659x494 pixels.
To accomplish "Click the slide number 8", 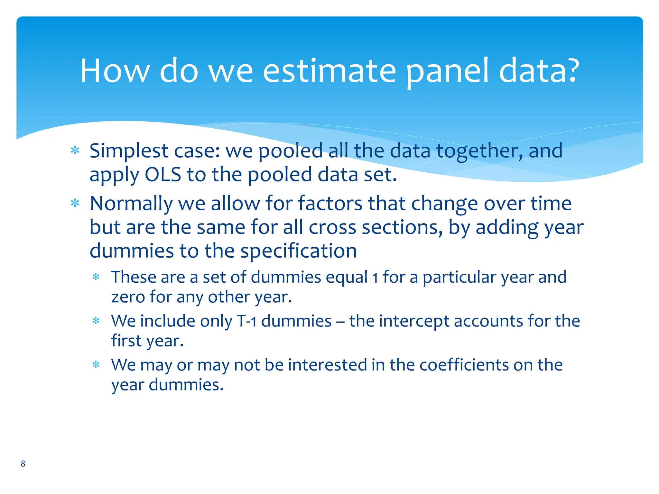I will coord(23,463).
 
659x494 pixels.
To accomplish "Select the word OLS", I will coord(163,175).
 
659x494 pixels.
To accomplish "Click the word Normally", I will coord(131,204).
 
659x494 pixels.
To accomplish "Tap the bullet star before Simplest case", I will coord(75,151).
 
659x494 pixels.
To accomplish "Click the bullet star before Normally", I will coord(75,203).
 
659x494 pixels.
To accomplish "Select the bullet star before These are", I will coord(96,277).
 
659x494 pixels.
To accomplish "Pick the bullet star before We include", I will coord(96,321).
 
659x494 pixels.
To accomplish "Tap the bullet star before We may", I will coord(96,365).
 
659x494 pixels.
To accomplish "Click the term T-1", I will coord(246,321).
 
